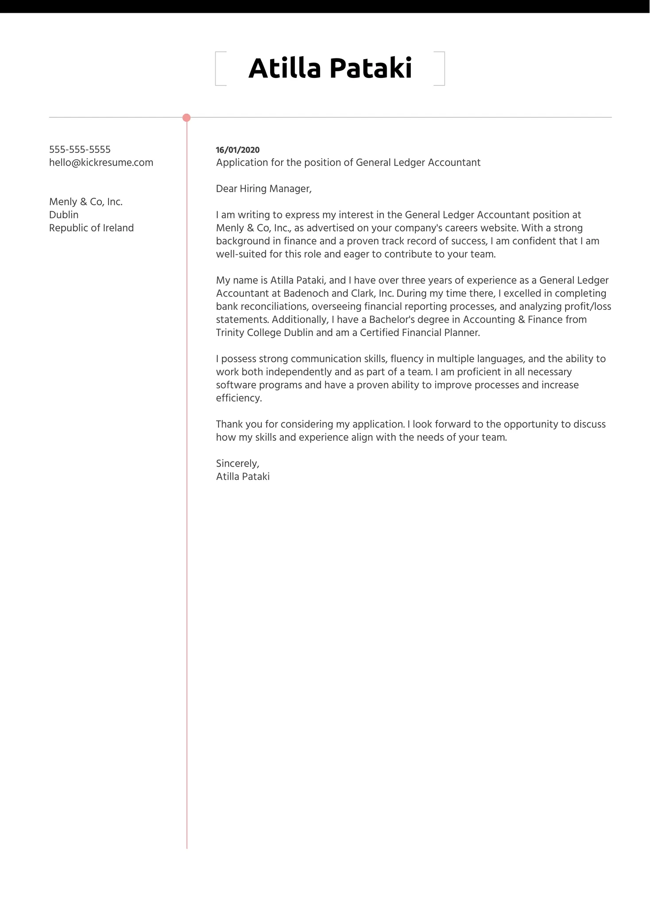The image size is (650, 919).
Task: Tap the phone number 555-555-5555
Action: pyautogui.click(x=80, y=150)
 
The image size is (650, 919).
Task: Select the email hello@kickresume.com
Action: pyautogui.click(x=101, y=162)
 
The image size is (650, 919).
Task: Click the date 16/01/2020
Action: pyautogui.click(x=237, y=150)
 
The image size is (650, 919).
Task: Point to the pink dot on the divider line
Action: pyautogui.click(x=186, y=118)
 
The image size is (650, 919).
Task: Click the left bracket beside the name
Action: pyautogui.click(x=217, y=69)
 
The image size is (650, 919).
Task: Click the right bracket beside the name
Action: pyautogui.click(x=442, y=69)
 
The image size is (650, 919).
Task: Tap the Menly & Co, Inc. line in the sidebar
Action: pyautogui.click(x=85, y=202)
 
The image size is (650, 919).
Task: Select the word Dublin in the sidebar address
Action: pyautogui.click(x=64, y=215)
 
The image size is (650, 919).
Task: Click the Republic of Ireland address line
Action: pyautogui.click(x=91, y=228)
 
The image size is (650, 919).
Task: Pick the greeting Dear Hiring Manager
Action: pyautogui.click(x=263, y=189)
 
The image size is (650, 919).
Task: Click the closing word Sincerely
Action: pyautogui.click(x=237, y=463)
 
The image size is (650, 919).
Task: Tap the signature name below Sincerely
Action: pyautogui.click(x=243, y=477)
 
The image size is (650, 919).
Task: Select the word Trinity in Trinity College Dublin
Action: pyautogui.click(x=230, y=333)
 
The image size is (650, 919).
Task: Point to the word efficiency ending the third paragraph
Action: pyautogui.click(x=239, y=398)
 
